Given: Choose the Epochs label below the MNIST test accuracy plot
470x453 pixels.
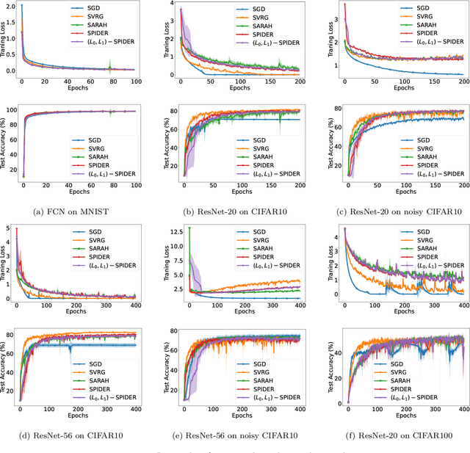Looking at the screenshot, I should pyautogui.click(x=48, y=197).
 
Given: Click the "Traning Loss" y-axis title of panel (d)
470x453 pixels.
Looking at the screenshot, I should pyautogui.click(x=6, y=264).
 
